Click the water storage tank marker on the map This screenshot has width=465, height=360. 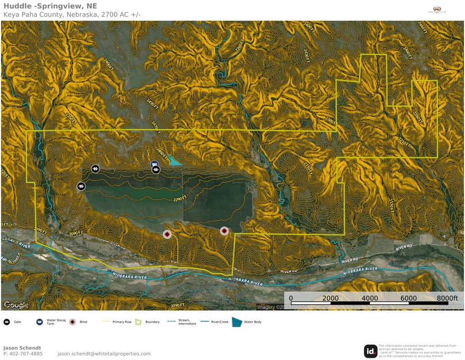point(155,165)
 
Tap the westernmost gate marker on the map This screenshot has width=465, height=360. point(82,186)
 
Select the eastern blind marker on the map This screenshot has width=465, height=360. point(224,231)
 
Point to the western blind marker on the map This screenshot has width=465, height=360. point(167,234)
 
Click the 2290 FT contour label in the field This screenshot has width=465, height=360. point(180,199)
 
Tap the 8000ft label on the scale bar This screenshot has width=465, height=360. point(447,298)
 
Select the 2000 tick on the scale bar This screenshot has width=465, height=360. point(330,298)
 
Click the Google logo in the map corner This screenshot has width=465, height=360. point(16,305)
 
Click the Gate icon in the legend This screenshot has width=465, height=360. point(7,322)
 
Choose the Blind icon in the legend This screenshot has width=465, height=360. point(73,322)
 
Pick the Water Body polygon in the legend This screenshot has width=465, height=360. point(237,322)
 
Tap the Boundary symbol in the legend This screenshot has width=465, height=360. point(138,322)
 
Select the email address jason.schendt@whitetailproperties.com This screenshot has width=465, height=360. point(104,354)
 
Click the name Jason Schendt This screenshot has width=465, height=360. point(22,348)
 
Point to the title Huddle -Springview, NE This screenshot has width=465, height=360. point(50,6)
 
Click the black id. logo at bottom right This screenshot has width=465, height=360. point(371,351)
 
